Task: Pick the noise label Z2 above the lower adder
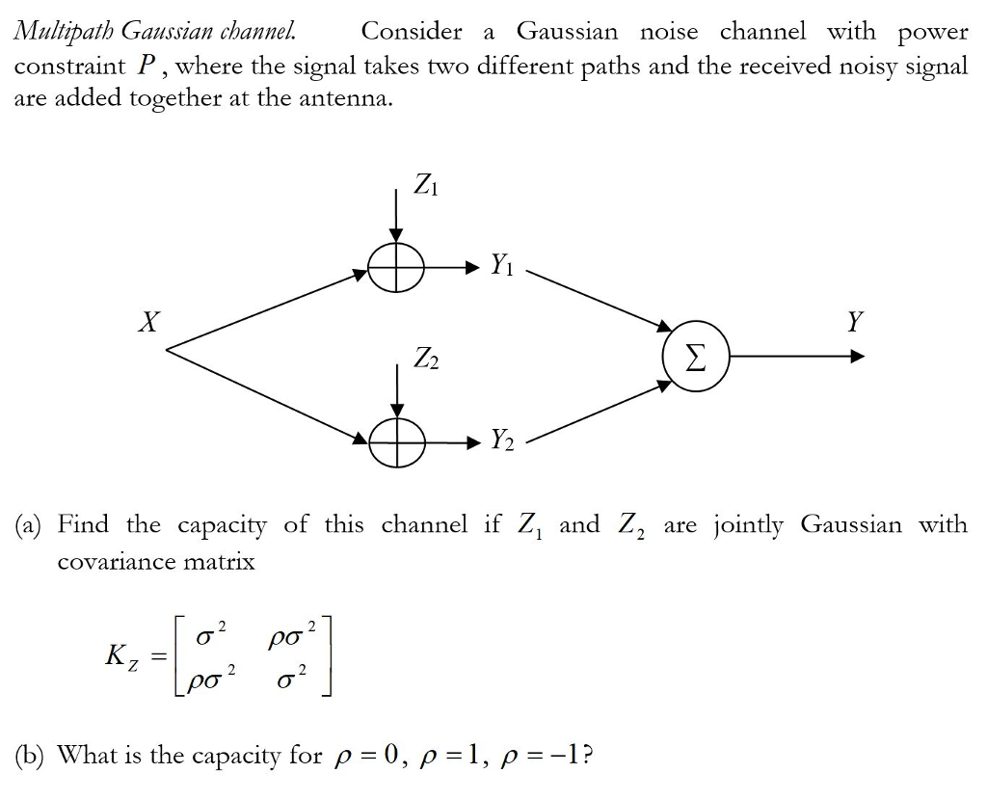pos(425,358)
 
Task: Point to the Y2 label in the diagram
pos(502,440)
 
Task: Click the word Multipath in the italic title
pos(62,32)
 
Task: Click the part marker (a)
pos(30,525)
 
